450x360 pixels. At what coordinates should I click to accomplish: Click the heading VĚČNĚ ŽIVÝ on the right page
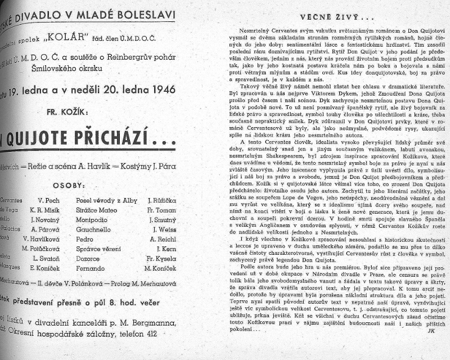pos(322,16)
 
